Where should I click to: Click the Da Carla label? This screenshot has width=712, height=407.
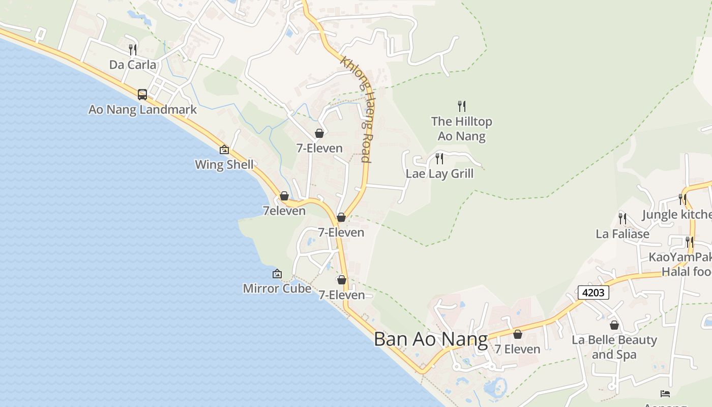133,65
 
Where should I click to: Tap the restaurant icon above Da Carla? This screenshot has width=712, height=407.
133,49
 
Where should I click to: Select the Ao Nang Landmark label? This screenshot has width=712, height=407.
142,109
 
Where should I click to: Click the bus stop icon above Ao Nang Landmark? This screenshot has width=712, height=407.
142,94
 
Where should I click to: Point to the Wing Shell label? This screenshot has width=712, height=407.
224,165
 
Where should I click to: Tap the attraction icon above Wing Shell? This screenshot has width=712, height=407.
224,150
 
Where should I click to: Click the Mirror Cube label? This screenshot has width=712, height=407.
277,288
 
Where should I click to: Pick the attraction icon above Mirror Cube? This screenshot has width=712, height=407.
277,274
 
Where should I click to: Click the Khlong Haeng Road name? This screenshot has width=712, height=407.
357,109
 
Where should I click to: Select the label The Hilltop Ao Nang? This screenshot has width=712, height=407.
462,129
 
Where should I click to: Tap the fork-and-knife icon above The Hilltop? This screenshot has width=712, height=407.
462,106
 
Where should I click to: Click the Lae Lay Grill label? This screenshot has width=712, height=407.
439,173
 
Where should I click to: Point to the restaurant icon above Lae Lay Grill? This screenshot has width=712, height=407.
439,159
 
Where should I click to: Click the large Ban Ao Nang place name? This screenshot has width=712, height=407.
430,339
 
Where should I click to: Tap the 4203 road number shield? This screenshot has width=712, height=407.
593,293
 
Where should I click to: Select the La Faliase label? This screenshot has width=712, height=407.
622,234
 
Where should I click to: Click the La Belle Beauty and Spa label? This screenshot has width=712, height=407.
614,347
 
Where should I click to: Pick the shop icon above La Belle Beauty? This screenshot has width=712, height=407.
614,325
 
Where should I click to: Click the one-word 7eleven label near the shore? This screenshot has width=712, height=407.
284,211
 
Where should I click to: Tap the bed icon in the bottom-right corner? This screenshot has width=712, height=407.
665,393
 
